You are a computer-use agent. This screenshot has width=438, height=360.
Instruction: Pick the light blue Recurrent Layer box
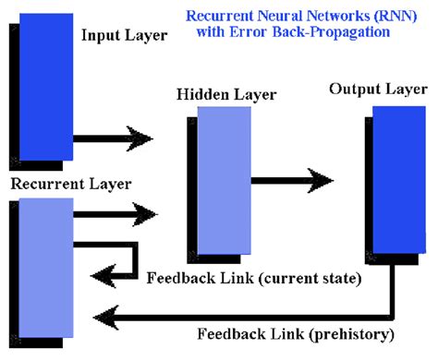[44, 269]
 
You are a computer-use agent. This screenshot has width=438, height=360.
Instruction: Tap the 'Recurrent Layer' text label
[70, 184]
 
